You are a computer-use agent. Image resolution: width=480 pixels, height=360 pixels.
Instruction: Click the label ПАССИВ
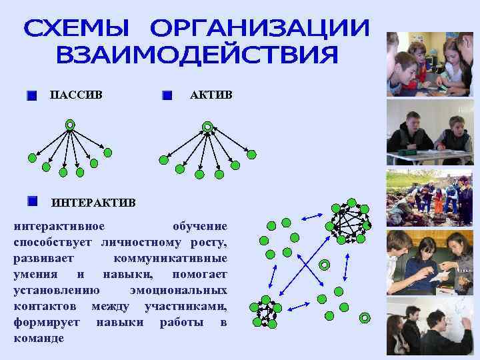77,95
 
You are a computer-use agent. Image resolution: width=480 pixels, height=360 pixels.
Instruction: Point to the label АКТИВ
211,95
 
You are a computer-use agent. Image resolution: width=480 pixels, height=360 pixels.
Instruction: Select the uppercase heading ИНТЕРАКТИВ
93,202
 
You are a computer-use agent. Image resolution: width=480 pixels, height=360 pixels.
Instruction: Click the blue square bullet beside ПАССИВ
31,96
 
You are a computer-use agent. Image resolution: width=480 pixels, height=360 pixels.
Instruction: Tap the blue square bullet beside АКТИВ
167,96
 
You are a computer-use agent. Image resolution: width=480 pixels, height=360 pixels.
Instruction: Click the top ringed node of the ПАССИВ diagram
70,125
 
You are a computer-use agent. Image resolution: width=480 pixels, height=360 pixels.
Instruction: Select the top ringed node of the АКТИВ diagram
207,126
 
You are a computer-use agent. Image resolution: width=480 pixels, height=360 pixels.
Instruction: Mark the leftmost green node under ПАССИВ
31,158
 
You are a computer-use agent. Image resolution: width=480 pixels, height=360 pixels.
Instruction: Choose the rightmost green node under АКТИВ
251,154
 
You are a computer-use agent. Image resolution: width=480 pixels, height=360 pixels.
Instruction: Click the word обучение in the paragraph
199,226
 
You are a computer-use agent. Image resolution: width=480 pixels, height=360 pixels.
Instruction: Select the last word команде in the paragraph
39,338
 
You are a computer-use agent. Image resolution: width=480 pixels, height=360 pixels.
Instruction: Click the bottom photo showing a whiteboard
430,326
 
